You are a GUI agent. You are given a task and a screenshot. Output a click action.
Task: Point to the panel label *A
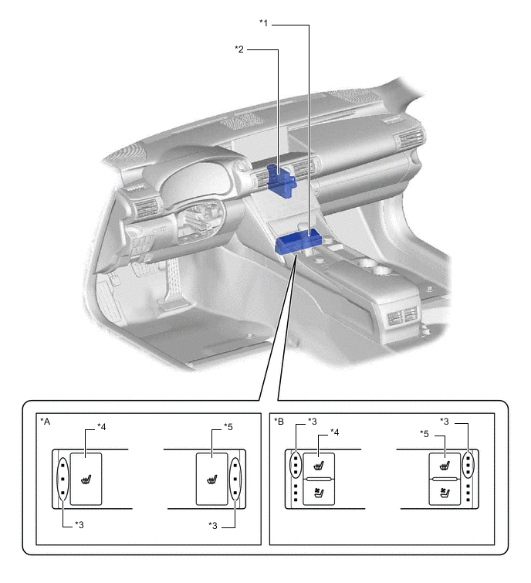tap(46, 422)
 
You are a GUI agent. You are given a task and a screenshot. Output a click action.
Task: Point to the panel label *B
tap(279, 422)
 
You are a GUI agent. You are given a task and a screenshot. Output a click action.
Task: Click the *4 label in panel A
tap(101, 427)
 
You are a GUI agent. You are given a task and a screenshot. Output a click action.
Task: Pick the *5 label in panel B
tap(424, 432)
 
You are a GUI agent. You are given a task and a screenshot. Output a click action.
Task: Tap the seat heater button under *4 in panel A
tap(86, 479)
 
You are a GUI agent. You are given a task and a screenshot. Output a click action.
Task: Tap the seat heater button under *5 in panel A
tap(211, 479)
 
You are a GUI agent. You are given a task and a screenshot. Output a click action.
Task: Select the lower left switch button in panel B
tap(318, 494)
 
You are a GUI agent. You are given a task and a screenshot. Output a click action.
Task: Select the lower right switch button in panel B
tap(444, 494)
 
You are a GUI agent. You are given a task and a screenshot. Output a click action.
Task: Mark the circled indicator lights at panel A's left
tap(62, 479)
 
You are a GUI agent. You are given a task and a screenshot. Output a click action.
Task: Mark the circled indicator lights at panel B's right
tap(468, 466)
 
